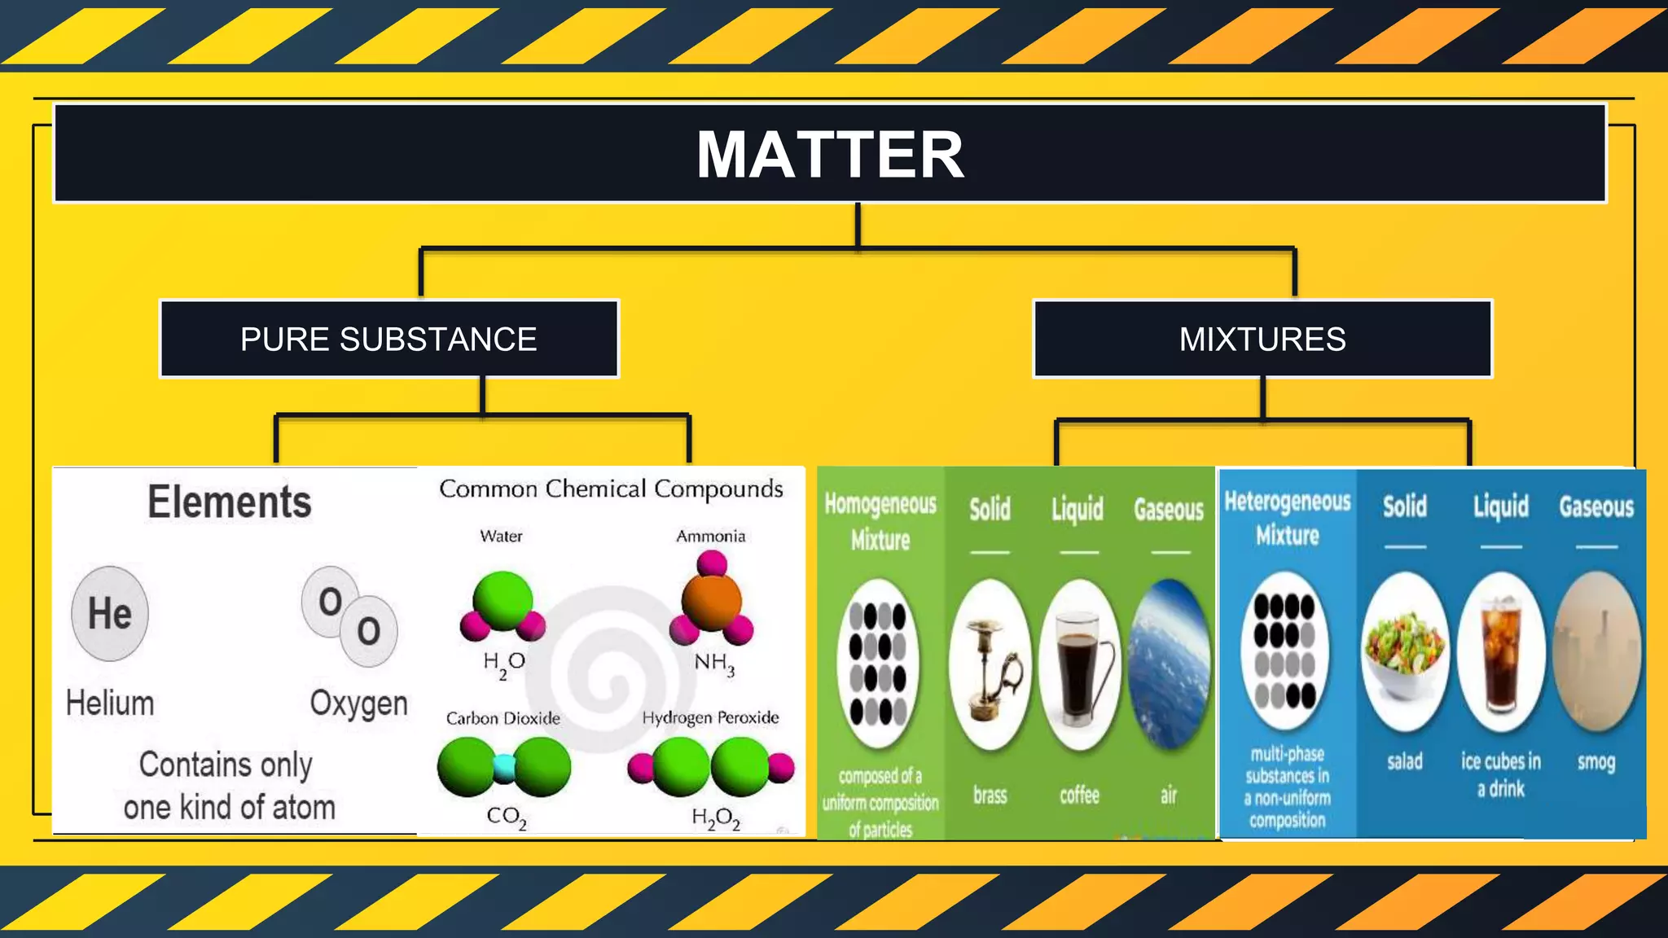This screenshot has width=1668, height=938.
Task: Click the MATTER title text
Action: (830, 155)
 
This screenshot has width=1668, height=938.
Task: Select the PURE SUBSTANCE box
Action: (388, 339)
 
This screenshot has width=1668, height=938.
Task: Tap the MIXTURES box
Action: (1262, 339)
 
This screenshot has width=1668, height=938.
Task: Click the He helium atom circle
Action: (110, 613)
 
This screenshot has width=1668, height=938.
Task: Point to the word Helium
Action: (110, 703)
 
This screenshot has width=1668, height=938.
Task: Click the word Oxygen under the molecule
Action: (358, 703)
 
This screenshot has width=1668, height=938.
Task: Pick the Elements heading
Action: (230, 502)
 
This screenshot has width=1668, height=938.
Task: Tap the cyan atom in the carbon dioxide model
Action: (504, 768)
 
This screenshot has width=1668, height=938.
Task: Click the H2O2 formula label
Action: (716, 817)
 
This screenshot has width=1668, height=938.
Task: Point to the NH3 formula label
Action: (714, 664)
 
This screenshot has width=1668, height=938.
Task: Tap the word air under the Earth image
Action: (1169, 795)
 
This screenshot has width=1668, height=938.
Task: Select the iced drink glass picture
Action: (1500, 651)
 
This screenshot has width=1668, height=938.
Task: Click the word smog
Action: (1596, 762)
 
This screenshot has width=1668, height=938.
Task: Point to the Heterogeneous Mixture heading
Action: (1288, 518)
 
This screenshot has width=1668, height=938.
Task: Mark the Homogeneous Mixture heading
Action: (880, 521)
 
